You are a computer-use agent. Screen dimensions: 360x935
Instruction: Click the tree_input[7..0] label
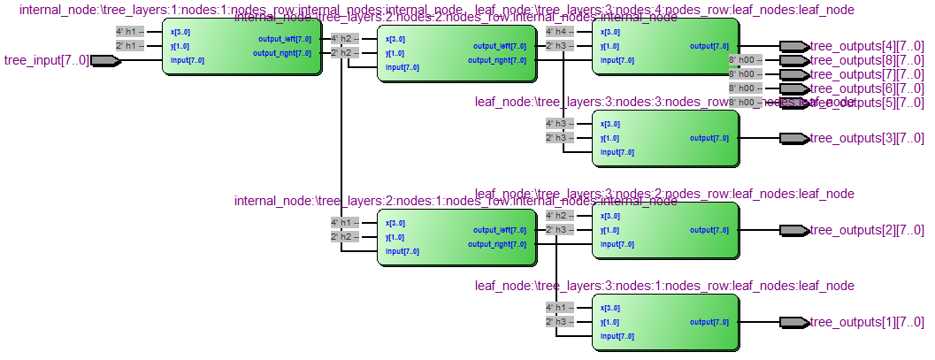click(46, 60)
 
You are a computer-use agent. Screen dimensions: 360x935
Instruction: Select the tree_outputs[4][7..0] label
click(867, 46)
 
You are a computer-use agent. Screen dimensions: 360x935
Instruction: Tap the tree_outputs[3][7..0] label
click(867, 138)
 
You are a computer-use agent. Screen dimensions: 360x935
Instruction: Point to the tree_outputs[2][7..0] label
click(867, 230)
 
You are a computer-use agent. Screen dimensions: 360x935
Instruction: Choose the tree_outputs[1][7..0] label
click(867, 322)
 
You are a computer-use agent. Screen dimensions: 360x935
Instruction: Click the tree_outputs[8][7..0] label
click(867, 60)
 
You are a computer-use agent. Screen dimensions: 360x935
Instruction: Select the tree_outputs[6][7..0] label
click(867, 88)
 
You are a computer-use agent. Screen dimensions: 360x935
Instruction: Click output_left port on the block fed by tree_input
click(284, 39)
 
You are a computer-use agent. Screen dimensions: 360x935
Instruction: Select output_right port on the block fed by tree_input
click(282, 53)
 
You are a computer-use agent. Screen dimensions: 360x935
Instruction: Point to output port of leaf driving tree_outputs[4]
click(709, 46)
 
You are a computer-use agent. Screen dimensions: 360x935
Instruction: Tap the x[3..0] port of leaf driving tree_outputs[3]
click(610, 124)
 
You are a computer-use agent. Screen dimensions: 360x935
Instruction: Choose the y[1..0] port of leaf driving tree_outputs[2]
click(610, 230)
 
